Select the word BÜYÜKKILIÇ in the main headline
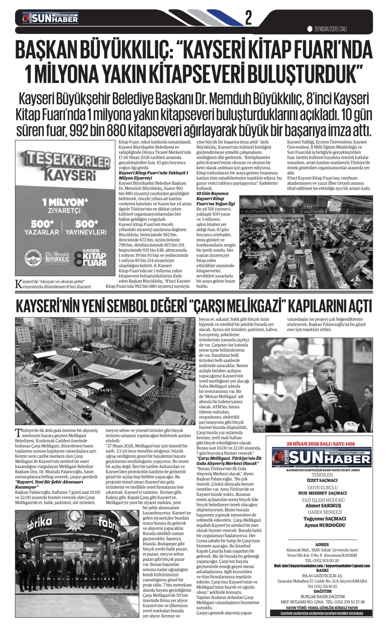point(124,51)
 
